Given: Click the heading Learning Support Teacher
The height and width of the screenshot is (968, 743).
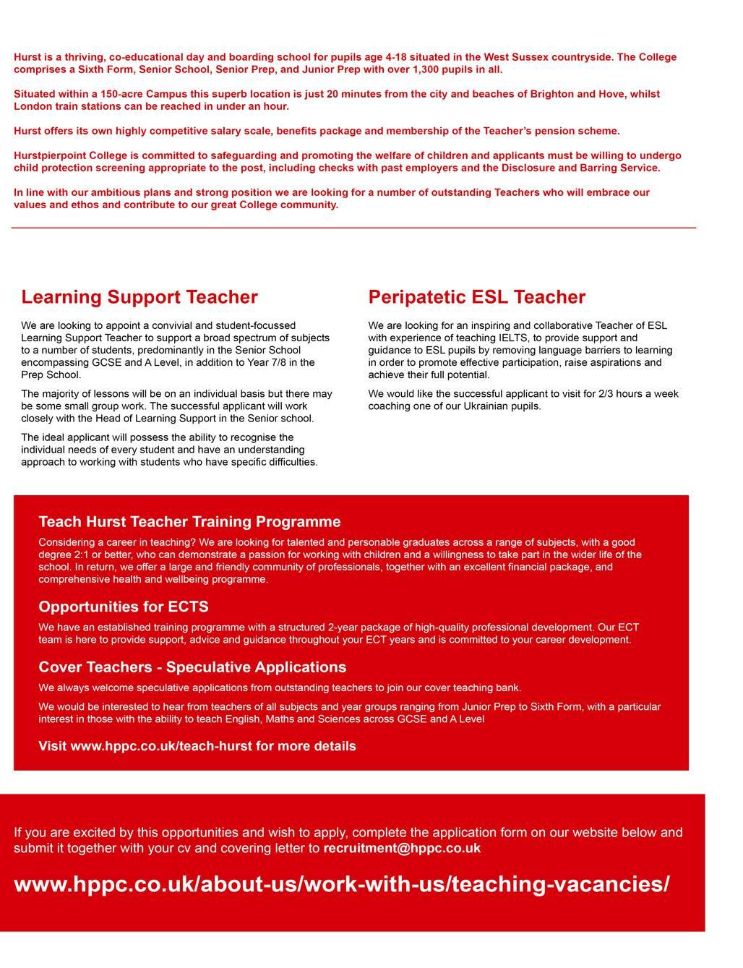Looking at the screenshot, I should (x=139, y=297).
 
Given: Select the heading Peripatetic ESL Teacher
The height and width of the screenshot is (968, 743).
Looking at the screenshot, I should (x=476, y=297).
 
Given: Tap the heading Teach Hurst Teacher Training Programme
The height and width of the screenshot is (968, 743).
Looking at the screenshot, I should (x=189, y=522).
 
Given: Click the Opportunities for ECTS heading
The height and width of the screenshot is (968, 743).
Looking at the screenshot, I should (x=124, y=607).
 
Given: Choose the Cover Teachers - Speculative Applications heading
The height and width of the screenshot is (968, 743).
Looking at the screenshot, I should (x=192, y=667).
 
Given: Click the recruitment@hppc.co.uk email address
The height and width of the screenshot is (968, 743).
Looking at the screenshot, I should (x=402, y=848).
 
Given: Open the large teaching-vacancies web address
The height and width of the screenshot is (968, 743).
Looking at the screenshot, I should (x=342, y=884).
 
